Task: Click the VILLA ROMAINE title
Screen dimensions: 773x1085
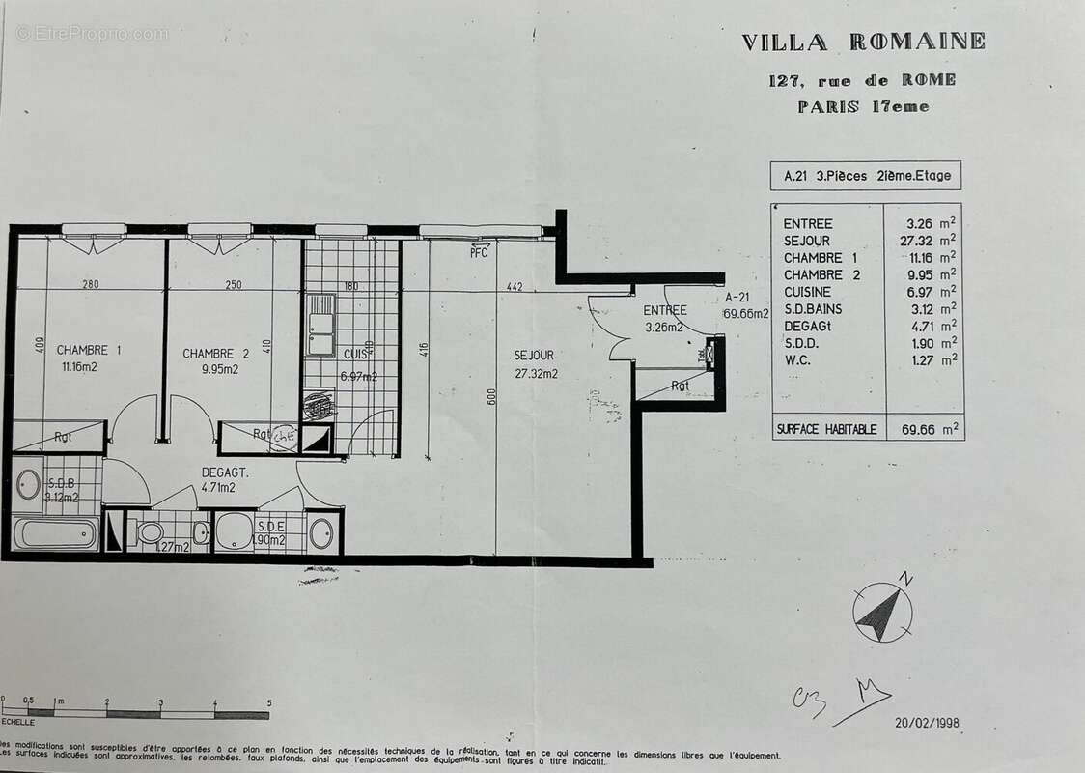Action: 863,42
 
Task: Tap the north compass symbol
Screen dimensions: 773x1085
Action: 882,613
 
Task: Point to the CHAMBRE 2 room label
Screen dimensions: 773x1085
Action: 215,354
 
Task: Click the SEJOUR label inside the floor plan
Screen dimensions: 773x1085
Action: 534,356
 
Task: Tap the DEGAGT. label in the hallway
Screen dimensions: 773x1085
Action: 225,472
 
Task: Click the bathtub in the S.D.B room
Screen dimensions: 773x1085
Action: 55,533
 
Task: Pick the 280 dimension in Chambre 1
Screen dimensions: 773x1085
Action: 91,286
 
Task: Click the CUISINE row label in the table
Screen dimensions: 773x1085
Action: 807,292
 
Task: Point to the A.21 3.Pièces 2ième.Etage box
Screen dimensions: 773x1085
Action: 866,176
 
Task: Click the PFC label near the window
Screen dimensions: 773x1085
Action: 479,252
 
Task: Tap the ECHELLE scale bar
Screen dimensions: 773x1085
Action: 135,714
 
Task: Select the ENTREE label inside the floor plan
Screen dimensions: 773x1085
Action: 665,310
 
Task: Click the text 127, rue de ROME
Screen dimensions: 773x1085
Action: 862,80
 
